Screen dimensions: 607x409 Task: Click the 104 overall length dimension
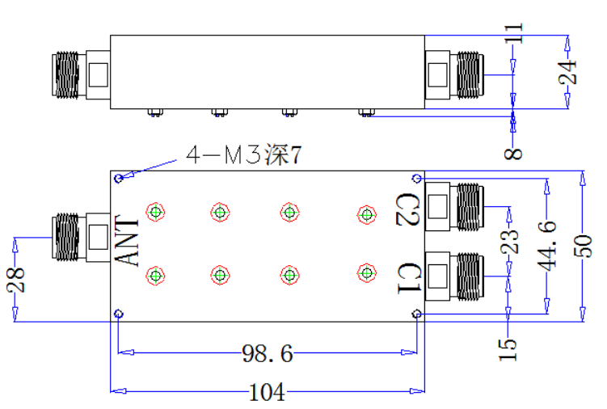click(x=267, y=392)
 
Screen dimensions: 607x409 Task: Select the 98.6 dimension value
click(x=267, y=353)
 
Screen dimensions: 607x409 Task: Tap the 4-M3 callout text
click(x=244, y=155)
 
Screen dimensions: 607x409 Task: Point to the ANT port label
click(x=127, y=240)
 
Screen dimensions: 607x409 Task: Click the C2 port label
click(x=407, y=209)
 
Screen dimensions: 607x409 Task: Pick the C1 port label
click(x=409, y=278)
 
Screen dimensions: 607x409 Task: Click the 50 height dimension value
click(x=583, y=246)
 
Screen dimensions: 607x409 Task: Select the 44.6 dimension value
click(x=547, y=246)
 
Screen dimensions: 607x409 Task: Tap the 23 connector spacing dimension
click(x=509, y=242)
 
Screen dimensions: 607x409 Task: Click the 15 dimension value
click(x=508, y=350)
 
